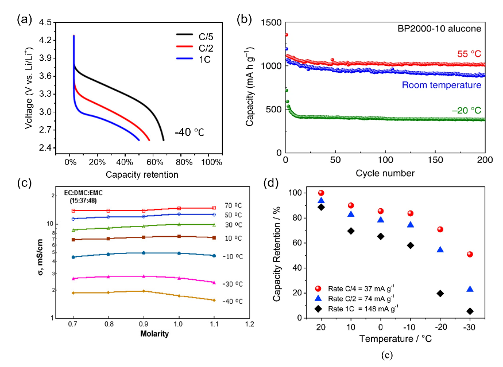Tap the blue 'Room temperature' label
[x=440, y=85]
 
